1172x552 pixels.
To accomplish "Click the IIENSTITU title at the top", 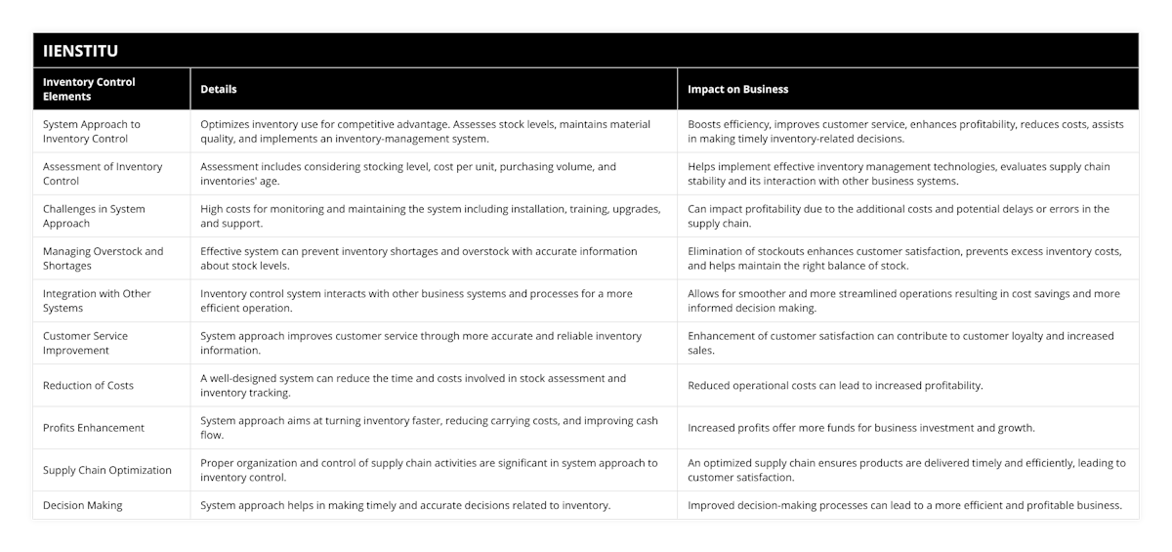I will (x=80, y=50).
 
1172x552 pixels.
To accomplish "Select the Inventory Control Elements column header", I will (x=89, y=89).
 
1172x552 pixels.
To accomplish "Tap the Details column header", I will (x=219, y=89).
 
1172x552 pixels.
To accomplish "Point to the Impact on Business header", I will (x=737, y=89).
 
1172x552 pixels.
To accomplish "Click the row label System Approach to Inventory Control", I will (x=92, y=131).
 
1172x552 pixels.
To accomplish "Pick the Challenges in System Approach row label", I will (x=94, y=216).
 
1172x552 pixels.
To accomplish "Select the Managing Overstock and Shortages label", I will (x=103, y=258).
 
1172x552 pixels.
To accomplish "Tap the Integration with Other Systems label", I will (x=97, y=300).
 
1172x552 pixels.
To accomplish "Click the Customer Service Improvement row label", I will (x=85, y=343).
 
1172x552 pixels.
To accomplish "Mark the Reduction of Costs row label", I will (x=88, y=385).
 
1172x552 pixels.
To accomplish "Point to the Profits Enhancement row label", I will (x=94, y=427).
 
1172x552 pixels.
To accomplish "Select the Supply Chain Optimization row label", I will (x=107, y=470).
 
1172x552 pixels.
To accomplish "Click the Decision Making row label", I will (x=82, y=505).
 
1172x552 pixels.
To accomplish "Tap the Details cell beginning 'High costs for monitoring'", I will (x=430, y=216).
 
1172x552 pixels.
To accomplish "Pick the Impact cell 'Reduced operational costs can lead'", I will (x=835, y=385).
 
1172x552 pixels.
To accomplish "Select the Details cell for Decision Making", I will (x=405, y=505).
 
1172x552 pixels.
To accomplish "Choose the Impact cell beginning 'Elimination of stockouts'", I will (x=904, y=258).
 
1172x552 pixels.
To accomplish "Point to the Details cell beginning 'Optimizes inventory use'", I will (x=425, y=131).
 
